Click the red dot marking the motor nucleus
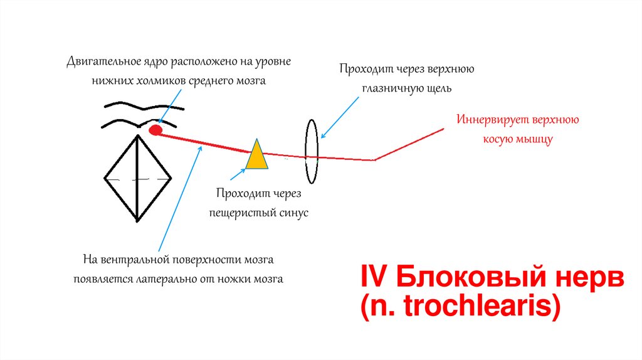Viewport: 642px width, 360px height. tap(155, 130)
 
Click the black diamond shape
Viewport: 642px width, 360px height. tap(137, 179)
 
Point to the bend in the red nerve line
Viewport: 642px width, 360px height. tap(375, 159)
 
